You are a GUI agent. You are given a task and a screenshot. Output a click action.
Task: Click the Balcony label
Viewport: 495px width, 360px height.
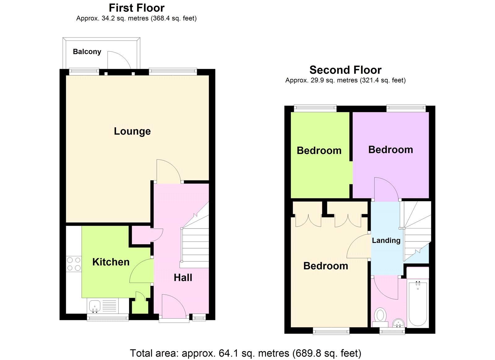(87, 52)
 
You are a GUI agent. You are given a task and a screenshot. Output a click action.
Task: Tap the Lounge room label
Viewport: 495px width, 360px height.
(132, 131)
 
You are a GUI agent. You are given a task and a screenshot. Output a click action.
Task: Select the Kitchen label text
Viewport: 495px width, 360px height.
(111, 262)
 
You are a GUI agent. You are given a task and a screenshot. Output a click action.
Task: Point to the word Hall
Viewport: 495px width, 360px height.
(183, 278)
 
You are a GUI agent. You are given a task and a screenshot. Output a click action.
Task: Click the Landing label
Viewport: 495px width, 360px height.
(386, 241)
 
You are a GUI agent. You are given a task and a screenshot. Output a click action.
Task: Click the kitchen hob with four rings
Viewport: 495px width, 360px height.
(74, 264)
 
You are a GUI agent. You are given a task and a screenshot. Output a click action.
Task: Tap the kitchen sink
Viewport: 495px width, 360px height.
(94, 306)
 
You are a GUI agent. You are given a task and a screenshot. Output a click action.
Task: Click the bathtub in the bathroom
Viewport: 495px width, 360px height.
(418, 303)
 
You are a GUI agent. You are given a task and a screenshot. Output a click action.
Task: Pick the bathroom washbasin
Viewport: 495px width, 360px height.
(398, 323)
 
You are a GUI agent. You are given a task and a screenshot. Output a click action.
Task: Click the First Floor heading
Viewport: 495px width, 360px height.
(136, 8)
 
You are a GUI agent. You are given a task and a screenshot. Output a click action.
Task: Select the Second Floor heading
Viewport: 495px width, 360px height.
(345, 70)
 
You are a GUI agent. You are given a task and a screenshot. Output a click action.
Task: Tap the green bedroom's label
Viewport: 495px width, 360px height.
(319, 151)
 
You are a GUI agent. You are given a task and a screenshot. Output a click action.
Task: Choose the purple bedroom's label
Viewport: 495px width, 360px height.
(390, 150)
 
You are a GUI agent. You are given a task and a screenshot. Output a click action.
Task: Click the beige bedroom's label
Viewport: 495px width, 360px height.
(325, 266)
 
